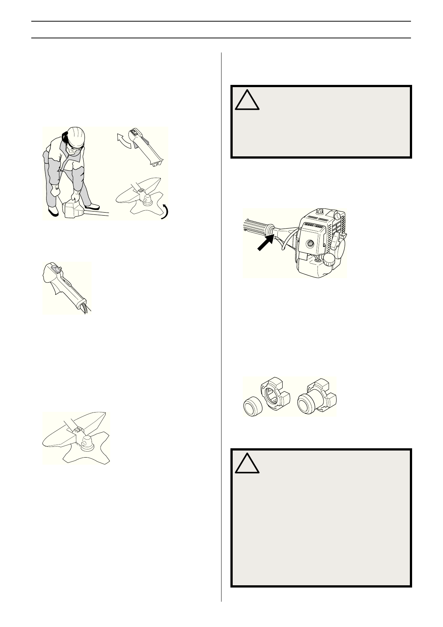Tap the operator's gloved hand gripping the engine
(x=77, y=195)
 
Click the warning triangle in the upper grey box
(x=247, y=99)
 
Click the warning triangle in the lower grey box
(x=247, y=463)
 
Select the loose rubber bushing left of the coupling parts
(x=252, y=407)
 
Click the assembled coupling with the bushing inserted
(x=317, y=397)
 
